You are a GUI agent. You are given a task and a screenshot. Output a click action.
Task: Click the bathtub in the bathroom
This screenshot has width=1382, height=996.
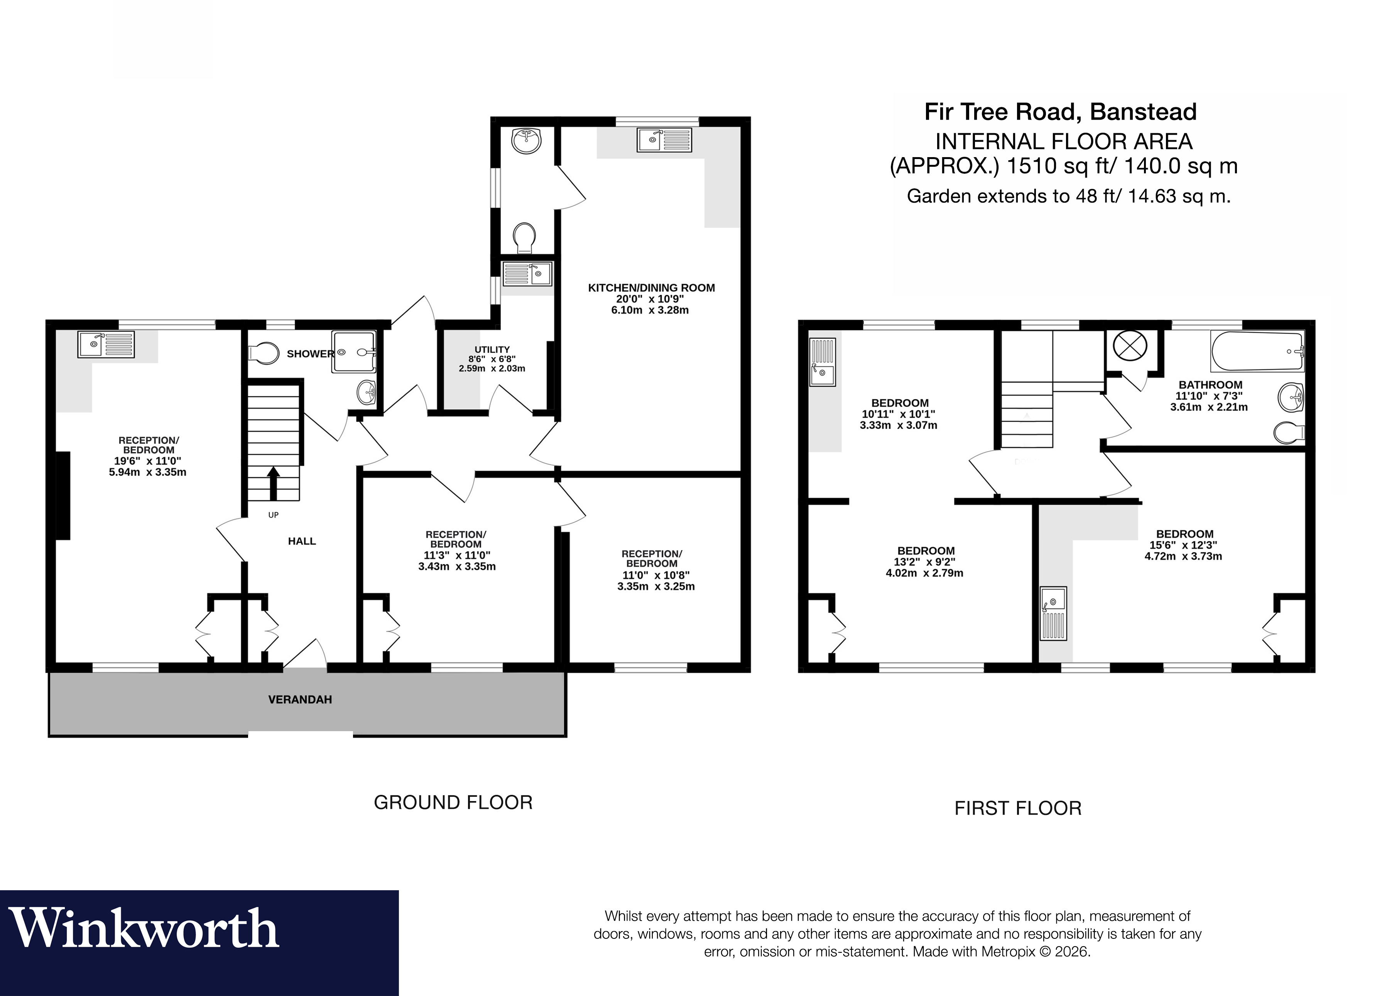pyautogui.click(x=1257, y=352)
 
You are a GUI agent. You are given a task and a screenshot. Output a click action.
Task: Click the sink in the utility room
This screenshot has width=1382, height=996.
pyautogui.click(x=527, y=274)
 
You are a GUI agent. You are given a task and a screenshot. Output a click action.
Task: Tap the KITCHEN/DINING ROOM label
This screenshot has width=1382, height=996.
pyautogui.click(x=651, y=288)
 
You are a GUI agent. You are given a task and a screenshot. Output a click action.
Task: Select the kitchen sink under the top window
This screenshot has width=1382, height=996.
pyautogui.click(x=664, y=140)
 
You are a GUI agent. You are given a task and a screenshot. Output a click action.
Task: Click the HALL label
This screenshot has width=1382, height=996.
pyautogui.click(x=302, y=541)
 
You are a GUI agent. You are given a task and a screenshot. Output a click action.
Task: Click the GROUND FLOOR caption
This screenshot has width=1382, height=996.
pyautogui.click(x=453, y=803)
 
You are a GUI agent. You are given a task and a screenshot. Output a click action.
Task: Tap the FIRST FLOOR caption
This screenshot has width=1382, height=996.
pyautogui.click(x=1018, y=809)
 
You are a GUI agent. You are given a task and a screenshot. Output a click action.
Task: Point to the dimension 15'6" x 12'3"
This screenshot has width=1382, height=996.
pyautogui.click(x=1183, y=545)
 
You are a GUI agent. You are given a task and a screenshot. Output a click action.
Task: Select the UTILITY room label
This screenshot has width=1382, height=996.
pyautogui.click(x=492, y=350)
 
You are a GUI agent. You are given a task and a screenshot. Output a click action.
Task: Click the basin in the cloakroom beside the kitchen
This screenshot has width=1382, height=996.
pyautogui.click(x=527, y=141)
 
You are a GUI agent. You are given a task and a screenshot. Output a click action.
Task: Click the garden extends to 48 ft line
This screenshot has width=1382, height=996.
pyautogui.click(x=1068, y=196)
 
